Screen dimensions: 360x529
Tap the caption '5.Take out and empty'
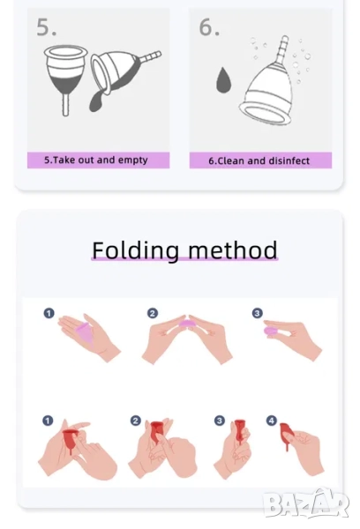(96, 160)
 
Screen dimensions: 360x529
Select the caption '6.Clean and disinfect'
(259, 160)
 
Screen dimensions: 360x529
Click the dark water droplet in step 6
(224, 80)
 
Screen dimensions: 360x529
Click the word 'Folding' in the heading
(135, 250)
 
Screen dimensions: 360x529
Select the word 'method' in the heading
(233, 250)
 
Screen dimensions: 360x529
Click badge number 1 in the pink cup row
(49, 313)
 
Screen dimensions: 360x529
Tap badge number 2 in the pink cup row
(153, 313)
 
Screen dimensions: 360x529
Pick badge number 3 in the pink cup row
(257, 313)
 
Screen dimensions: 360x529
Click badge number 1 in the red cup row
(48, 421)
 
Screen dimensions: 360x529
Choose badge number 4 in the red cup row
(272, 421)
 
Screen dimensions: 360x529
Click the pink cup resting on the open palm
(84, 332)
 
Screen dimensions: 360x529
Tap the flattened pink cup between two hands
(184, 324)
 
